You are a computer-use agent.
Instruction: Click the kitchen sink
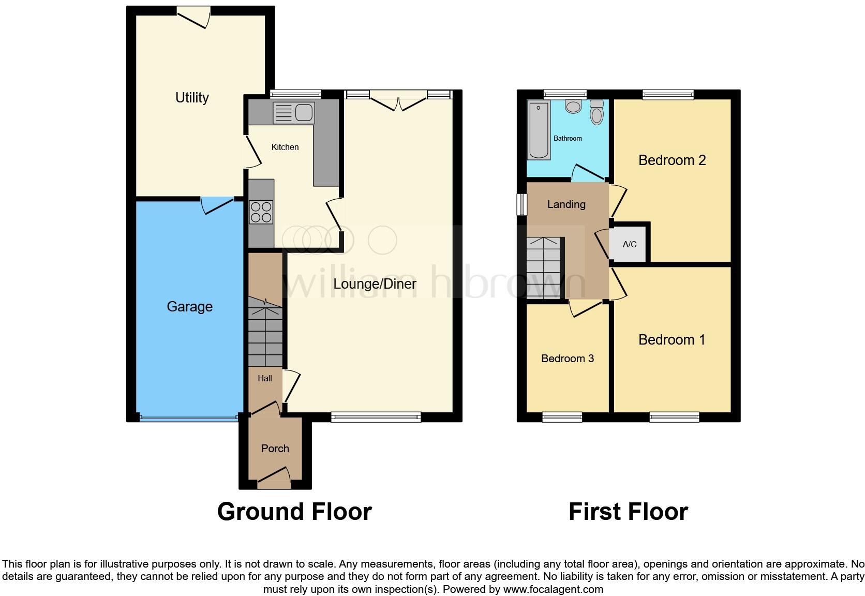pos(293,113)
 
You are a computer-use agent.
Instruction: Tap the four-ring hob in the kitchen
pos(261,212)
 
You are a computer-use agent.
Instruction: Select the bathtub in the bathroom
pos(539,130)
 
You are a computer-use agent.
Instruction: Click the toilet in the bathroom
pos(596,112)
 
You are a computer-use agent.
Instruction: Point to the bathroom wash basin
pos(573,106)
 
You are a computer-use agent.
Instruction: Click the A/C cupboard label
pos(629,244)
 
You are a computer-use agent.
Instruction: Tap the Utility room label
pos(192,97)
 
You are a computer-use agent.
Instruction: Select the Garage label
pos(189,306)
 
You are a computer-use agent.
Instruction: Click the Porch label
pos(275,449)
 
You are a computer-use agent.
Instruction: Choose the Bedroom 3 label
pos(567,359)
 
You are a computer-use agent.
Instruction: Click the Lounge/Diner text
pos(375,284)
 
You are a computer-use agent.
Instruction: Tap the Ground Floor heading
pos(294,512)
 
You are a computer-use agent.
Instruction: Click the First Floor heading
pos(628,512)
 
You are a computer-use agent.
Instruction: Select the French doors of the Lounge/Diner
pos(398,100)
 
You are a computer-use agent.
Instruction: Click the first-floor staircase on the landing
pos(544,268)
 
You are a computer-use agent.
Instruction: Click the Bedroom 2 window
pos(667,94)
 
